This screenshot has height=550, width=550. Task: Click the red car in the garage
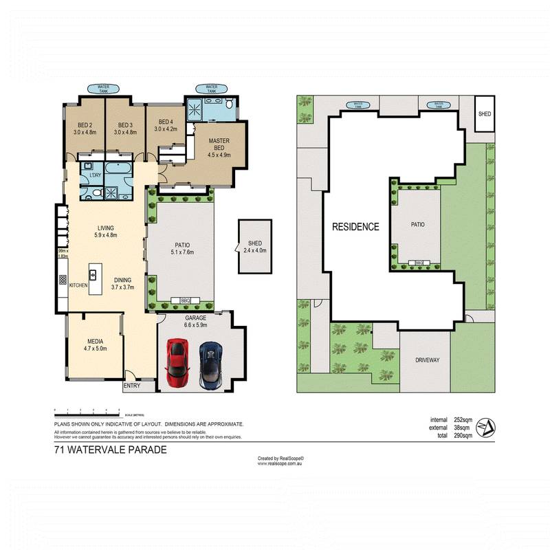[x=177, y=363]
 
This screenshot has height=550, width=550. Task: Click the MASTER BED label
[x=219, y=144]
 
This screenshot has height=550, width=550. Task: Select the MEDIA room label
[x=95, y=341]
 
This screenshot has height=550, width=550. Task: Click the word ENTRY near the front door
[x=131, y=386]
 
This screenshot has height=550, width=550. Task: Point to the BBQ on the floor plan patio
[x=185, y=300]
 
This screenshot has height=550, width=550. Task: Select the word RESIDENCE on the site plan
[x=355, y=227]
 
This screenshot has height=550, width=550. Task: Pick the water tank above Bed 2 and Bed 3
[x=103, y=87]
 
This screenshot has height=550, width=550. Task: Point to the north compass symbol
[x=485, y=427]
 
